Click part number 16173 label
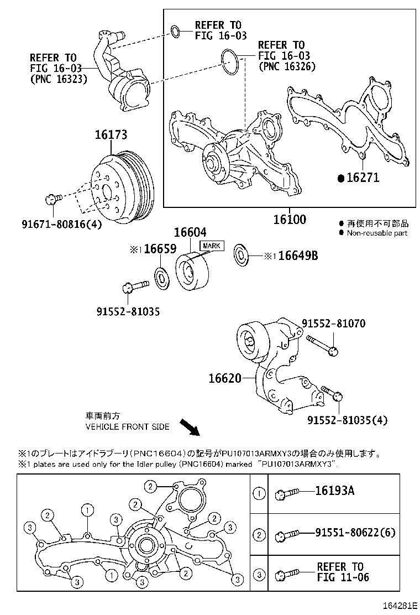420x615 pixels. click(x=111, y=134)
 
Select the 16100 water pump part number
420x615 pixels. click(x=289, y=219)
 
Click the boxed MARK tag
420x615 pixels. click(x=212, y=246)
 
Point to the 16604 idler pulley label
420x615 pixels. click(x=191, y=234)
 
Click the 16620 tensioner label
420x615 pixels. click(x=225, y=378)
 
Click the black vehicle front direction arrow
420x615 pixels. click(x=191, y=428)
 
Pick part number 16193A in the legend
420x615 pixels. click(x=334, y=491)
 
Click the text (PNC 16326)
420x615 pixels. click(x=287, y=66)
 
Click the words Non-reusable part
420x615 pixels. click(x=377, y=233)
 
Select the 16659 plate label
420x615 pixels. click(x=153, y=249)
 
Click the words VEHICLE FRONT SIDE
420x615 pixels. click(x=127, y=427)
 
